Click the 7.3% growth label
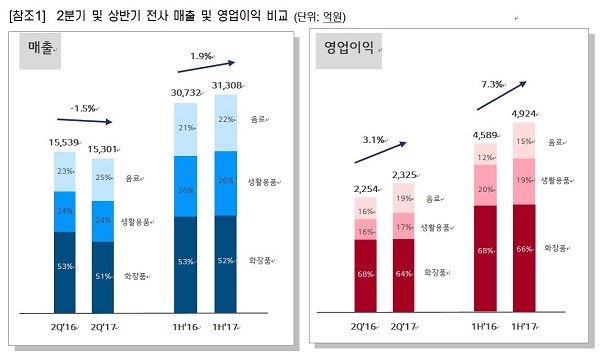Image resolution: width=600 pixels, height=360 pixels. (x=492, y=84)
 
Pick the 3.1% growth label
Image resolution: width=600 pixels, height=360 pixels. (x=372, y=139)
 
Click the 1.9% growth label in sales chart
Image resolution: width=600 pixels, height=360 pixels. (x=201, y=56)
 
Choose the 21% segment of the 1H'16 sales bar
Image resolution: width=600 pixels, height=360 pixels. (x=185, y=127)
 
